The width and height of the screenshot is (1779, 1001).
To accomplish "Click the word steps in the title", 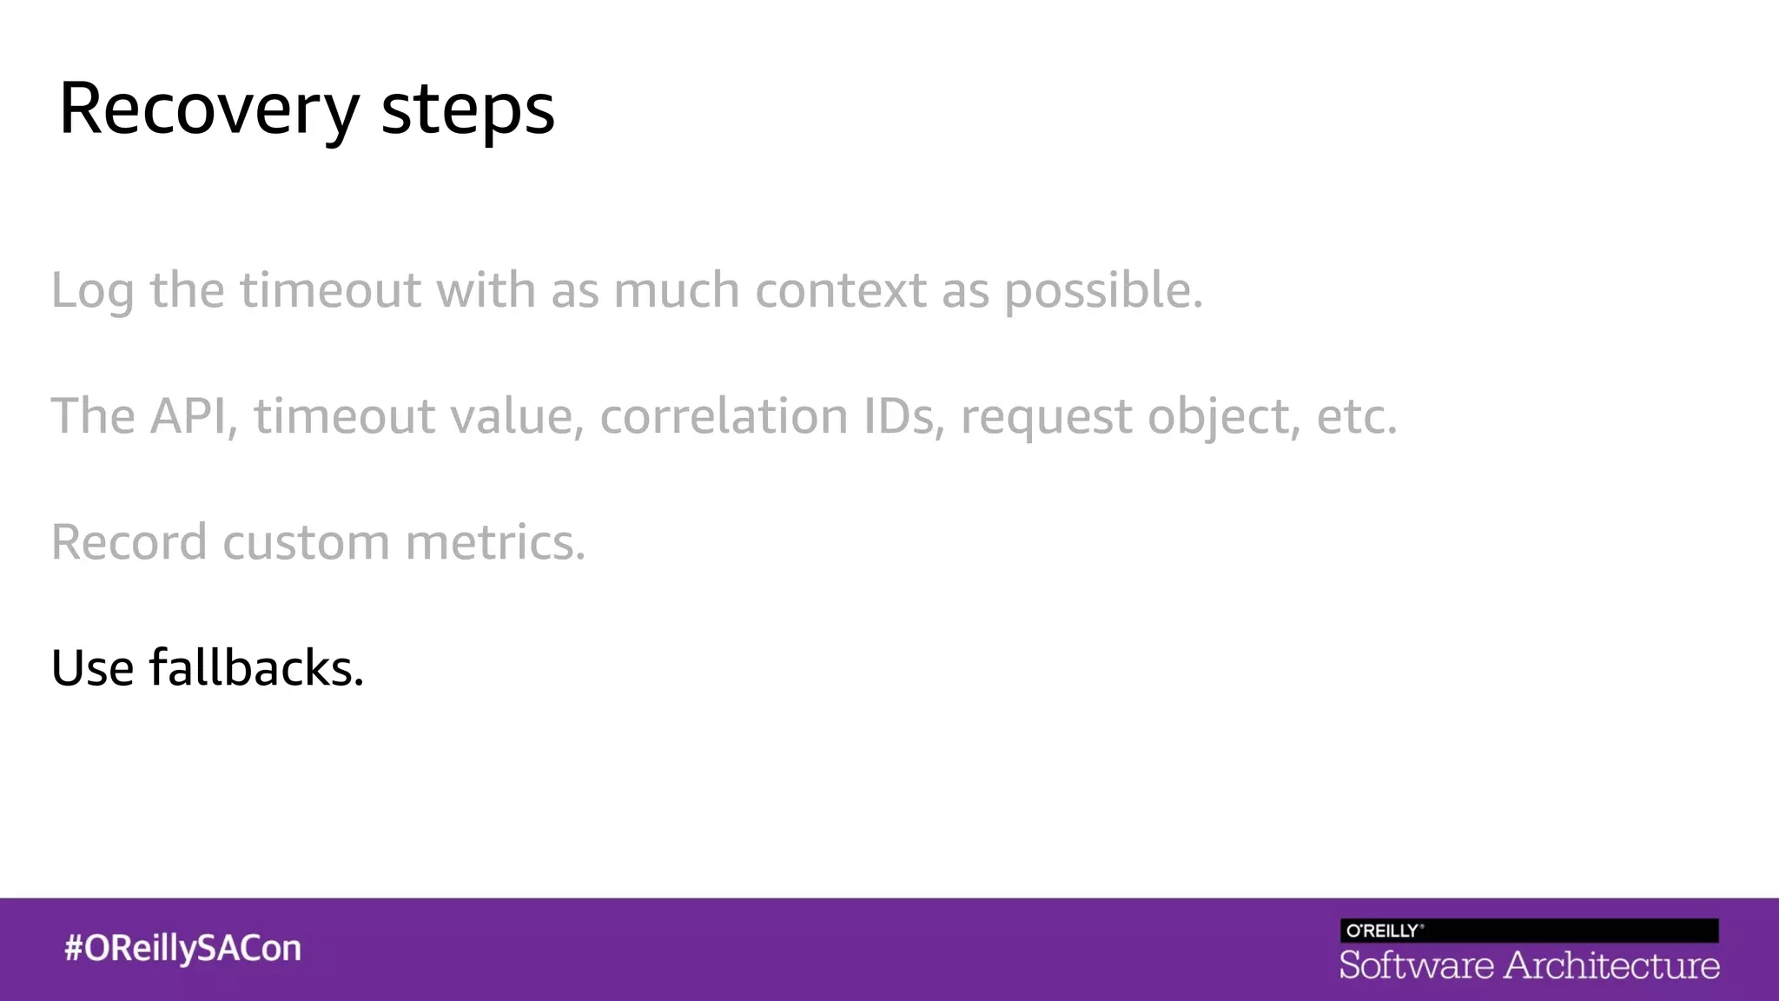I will point(467,110).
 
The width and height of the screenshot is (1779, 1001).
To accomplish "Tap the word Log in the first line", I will point(92,291).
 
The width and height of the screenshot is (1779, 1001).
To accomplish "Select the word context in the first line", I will point(840,289).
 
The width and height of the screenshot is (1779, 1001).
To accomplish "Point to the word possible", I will point(1103,291).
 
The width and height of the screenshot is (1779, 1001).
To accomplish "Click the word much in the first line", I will point(676,289).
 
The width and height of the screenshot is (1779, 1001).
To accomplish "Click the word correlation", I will point(724,415).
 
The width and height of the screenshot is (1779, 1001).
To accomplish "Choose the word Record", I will point(129,541).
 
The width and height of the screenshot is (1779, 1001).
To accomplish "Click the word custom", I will point(306,541).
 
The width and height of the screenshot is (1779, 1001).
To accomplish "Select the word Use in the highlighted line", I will point(92,667).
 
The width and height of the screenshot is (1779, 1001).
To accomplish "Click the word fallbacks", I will point(256,667).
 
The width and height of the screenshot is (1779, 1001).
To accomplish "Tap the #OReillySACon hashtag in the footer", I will point(182,948).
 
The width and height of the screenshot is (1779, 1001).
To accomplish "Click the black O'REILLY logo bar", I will point(1529,931).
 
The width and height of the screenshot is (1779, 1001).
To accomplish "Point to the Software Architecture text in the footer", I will point(1529,965).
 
